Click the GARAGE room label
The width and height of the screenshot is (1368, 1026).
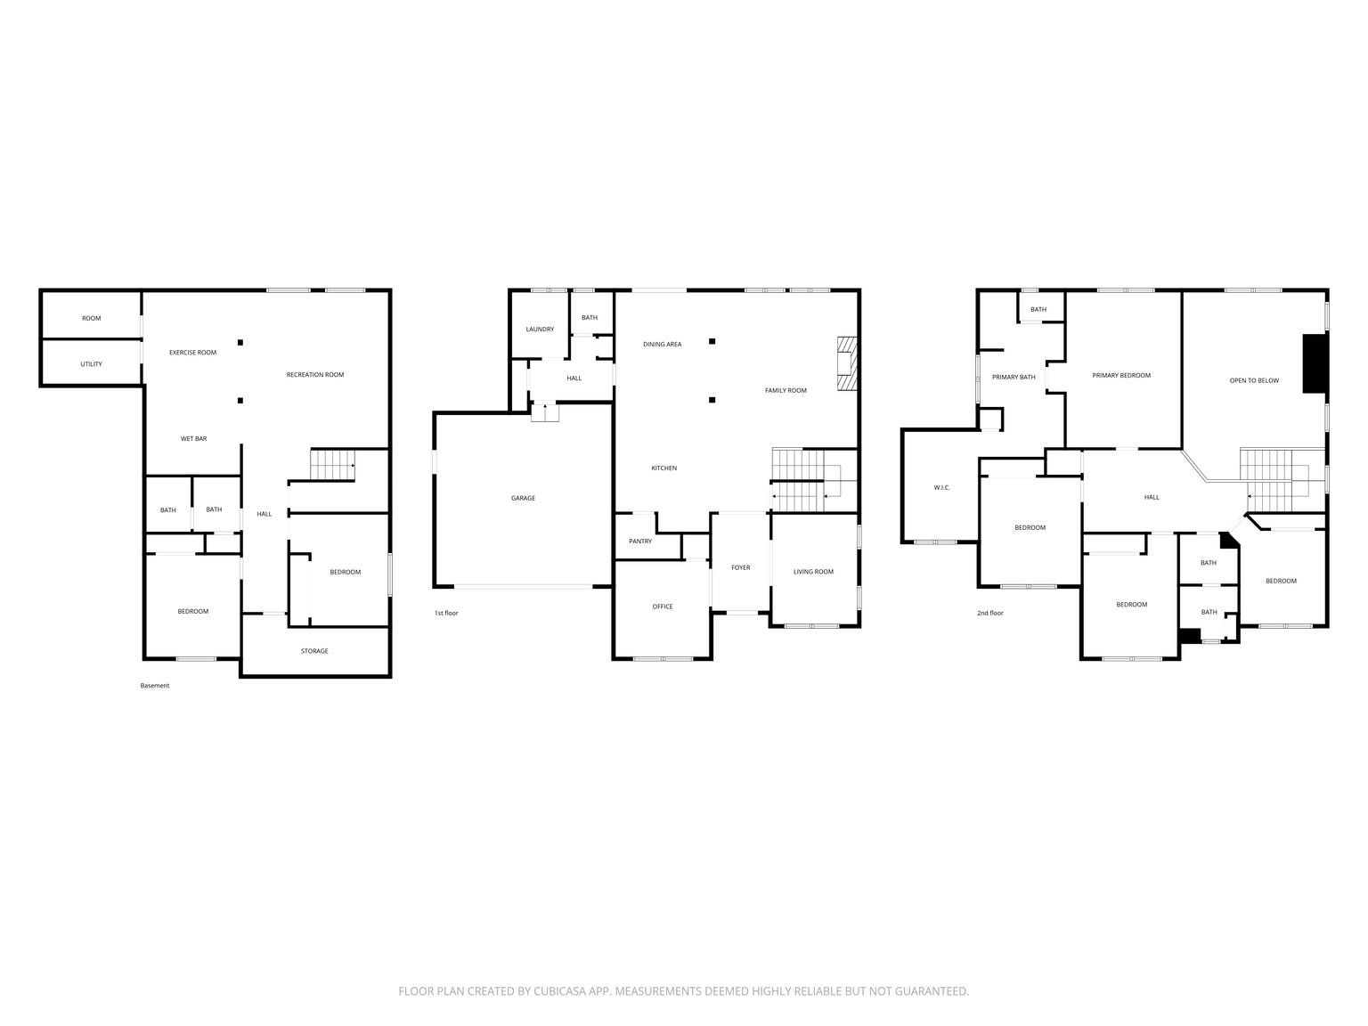click(523, 498)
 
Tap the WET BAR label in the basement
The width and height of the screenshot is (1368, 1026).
click(193, 438)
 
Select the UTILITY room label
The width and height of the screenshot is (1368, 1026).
click(91, 364)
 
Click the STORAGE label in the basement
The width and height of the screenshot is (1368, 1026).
click(314, 651)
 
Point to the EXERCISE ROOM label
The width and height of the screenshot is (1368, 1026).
click(192, 353)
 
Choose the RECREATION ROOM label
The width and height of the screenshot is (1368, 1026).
click(314, 375)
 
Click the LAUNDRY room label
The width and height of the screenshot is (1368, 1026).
click(540, 330)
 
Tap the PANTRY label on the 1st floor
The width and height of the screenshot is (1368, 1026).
click(639, 541)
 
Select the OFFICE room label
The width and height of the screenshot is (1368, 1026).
click(663, 607)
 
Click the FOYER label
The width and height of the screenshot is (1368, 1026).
click(740, 567)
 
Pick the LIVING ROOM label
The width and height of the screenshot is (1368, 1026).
click(813, 572)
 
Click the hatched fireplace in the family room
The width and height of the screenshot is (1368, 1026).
click(846, 363)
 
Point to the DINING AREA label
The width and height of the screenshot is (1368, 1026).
click(662, 345)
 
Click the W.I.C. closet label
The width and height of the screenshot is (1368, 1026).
click(942, 487)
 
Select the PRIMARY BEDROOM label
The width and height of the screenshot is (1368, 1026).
click(1121, 376)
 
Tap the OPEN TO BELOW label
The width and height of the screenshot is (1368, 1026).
click(1254, 380)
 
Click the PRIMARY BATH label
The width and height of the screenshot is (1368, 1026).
click(1014, 378)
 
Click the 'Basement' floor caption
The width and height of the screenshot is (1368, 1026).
click(154, 686)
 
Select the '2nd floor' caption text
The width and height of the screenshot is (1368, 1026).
click(989, 613)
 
